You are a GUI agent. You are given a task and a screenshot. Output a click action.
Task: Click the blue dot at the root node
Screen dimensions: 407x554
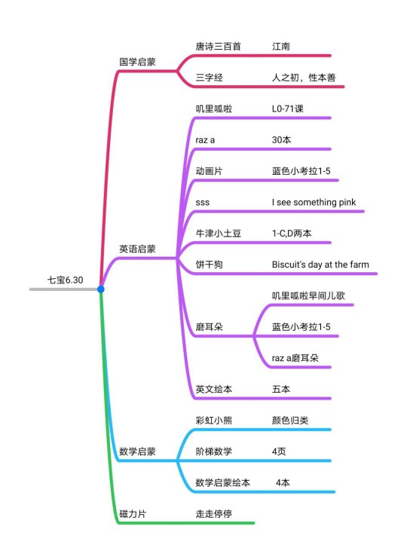(101, 289)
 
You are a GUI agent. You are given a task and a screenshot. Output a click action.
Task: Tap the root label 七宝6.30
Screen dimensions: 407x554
(66, 280)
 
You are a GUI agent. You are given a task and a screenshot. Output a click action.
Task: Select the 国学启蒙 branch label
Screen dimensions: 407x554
(137, 62)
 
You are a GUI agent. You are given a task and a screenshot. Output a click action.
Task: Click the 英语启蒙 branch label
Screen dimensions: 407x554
(137, 249)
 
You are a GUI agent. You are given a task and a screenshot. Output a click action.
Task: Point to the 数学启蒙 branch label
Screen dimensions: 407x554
(137, 451)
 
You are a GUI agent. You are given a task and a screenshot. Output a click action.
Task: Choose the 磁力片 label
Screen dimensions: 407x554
(133, 514)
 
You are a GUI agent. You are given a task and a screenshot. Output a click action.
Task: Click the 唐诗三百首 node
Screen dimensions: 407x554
(219, 46)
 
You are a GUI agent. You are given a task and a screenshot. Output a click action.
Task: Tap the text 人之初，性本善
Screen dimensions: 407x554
(304, 78)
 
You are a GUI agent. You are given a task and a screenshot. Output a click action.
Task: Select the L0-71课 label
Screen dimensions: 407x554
(288, 109)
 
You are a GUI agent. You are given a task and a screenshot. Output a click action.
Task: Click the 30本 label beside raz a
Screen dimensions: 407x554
(282, 140)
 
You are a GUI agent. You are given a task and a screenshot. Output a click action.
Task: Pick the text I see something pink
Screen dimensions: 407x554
(314, 202)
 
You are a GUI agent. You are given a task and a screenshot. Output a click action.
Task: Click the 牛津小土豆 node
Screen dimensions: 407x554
(219, 233)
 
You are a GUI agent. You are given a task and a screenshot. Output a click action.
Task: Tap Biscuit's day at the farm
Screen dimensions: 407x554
(320, 265)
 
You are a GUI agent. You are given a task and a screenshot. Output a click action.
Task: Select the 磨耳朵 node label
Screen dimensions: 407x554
(210, 327)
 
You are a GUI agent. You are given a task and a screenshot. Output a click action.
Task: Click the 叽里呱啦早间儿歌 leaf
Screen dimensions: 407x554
(308, 295)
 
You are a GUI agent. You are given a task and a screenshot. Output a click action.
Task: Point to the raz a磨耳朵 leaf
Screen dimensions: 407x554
(295, 358)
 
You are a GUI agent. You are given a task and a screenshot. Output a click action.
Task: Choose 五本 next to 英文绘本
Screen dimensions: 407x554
(281, 389)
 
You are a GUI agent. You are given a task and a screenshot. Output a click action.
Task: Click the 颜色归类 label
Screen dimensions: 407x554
(290, 420)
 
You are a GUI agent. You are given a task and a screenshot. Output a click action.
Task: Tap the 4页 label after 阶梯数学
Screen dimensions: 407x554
(279, 451)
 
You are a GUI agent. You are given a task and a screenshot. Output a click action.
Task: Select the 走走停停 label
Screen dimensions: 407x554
(214, 514)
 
